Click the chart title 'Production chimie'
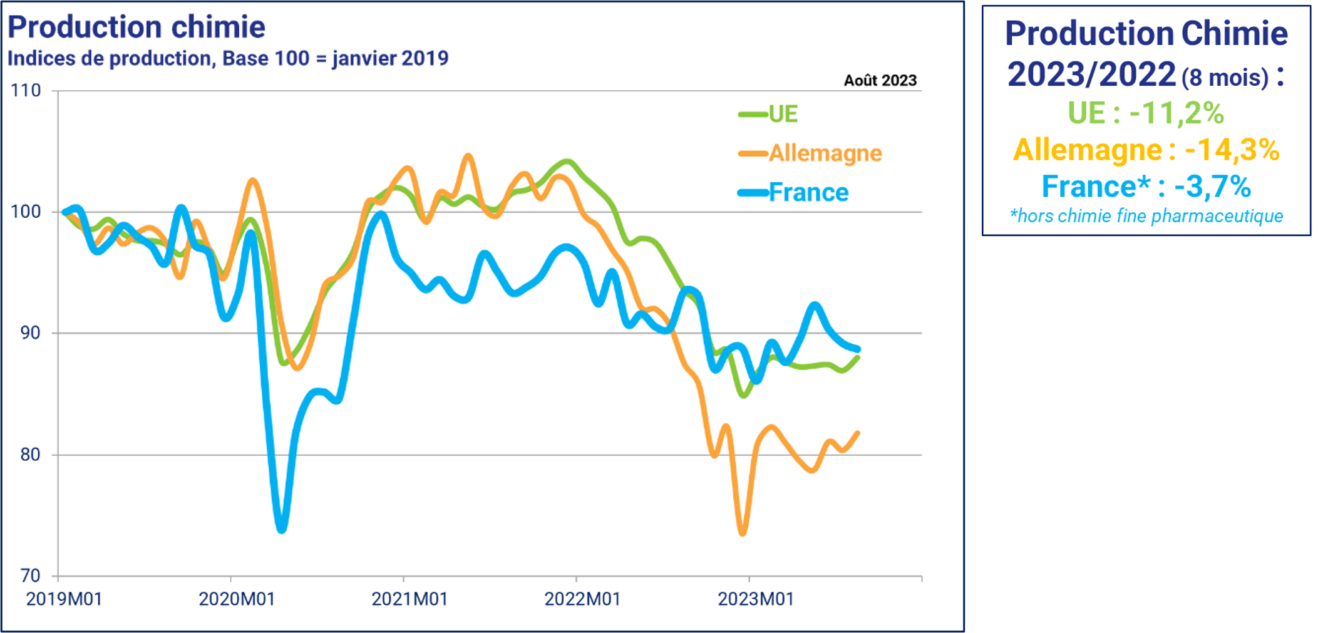coord(136,28)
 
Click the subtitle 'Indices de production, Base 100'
coord(227,58)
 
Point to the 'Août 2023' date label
coord(880,81)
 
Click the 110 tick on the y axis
coord(26,91)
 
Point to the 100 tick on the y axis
coord(26,212)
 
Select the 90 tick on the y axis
coord(30,333)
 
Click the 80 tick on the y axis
coord(30,455)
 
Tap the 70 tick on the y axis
coord(30,575)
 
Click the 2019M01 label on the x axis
coord(64,599)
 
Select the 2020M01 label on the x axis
coord(237,599)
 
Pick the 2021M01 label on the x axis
coord(409,599)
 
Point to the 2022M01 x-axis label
coord(582,599)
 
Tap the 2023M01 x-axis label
coord(755,599)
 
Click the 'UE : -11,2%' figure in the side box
coord(1146,113)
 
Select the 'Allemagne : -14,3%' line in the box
coord(1146,150)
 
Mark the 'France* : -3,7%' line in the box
coord(1146,187)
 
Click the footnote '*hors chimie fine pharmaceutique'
coord(1146,217)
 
